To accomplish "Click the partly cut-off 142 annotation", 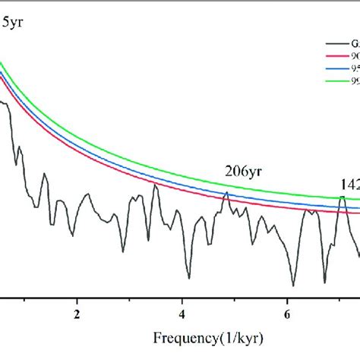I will [x=349, y=183].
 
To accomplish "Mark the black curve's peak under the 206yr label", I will [x=226, y=192].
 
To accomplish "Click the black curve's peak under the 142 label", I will [x=342, y=197].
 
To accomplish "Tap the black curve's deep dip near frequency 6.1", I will [x=292, y=285].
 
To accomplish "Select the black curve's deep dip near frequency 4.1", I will [x=187, y=278].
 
